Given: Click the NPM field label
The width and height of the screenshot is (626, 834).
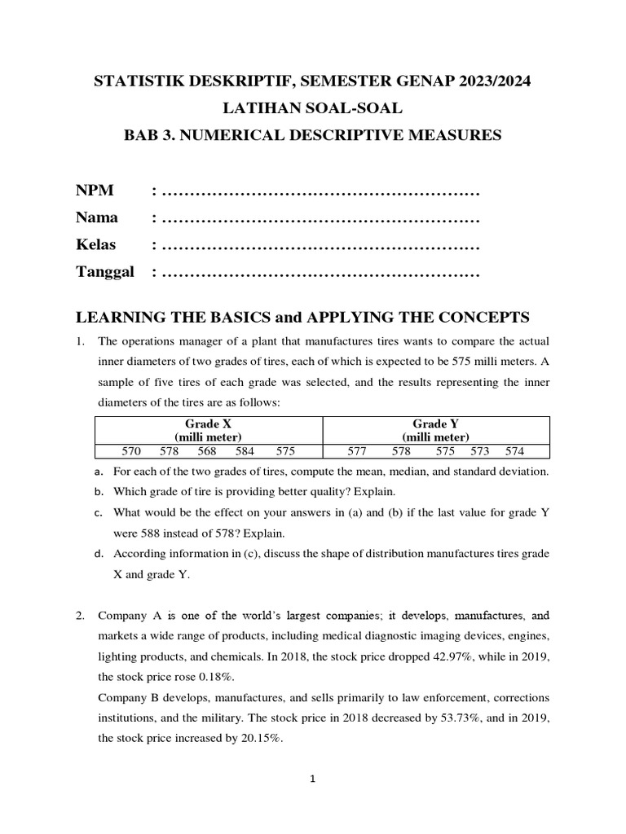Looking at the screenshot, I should [95, 191].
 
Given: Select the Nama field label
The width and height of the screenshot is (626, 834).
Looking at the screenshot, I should [97, 217].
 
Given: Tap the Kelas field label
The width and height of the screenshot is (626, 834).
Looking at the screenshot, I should [96, 244].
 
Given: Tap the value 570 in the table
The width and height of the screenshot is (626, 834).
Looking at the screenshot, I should [131, 451].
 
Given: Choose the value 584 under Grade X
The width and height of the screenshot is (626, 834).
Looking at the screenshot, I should [245, 451].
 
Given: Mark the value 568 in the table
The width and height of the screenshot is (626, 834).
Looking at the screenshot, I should [207, 451].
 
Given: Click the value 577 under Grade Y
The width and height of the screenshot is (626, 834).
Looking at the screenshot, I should [358, 451].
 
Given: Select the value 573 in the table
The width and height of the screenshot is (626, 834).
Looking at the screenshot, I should [481, 451].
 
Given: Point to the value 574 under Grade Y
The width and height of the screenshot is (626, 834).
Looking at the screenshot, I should [514, 451].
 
